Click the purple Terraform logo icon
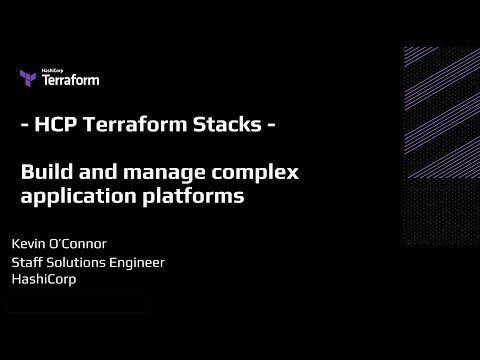28,78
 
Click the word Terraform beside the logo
70,80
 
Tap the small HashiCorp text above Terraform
53,71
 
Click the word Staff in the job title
28,262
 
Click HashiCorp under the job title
43,279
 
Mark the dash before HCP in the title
24,129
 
